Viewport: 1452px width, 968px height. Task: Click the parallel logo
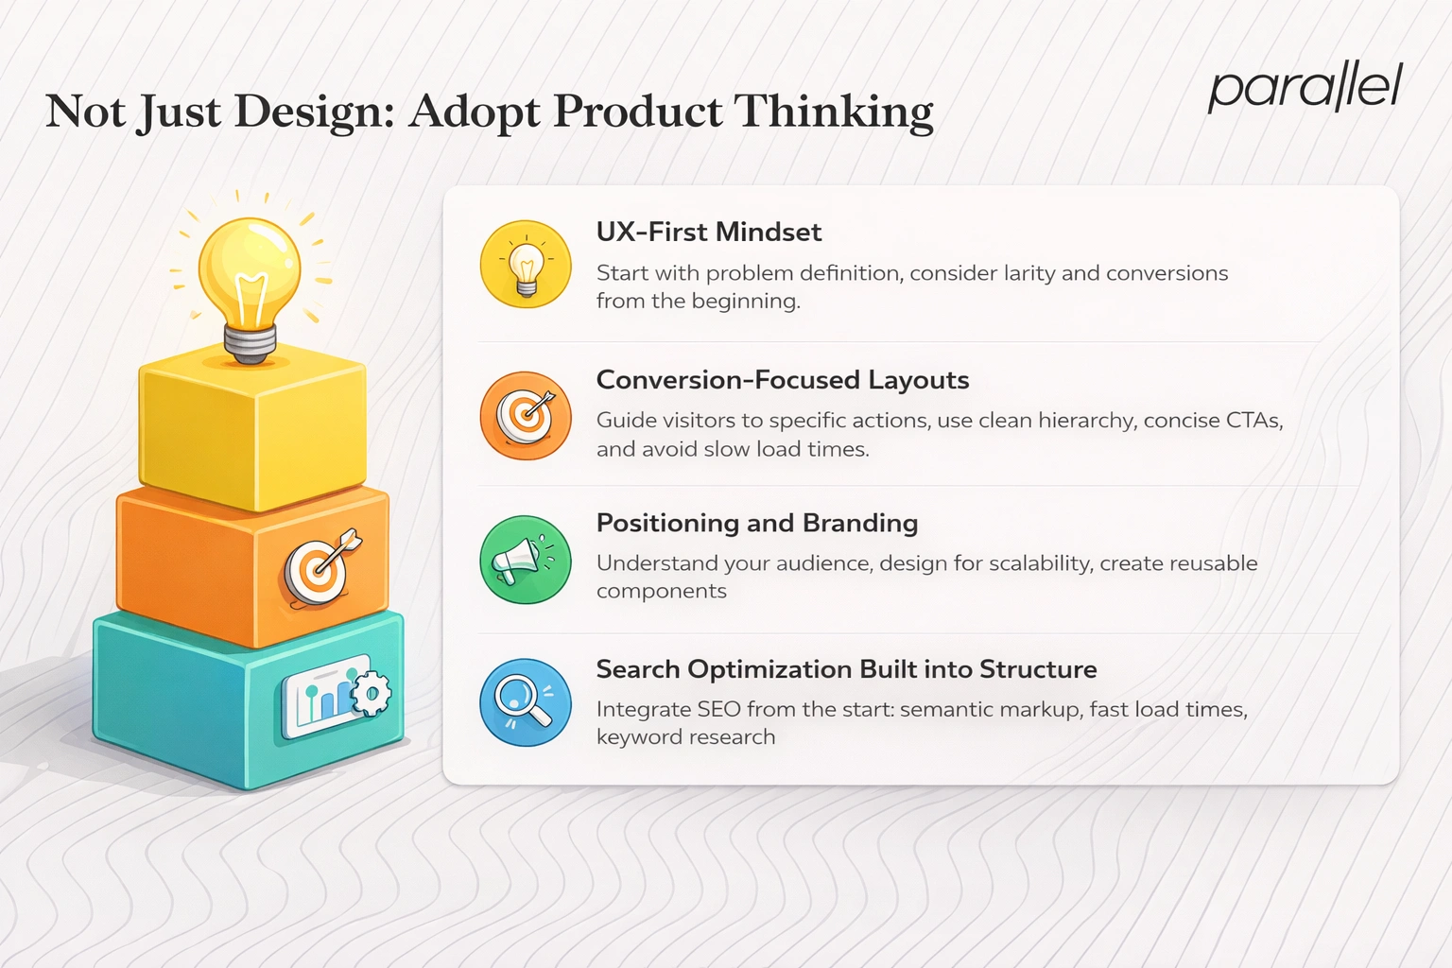pyautogui.click(x=1305, y=88)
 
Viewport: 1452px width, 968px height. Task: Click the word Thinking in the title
pyautogui.click(x=833, y=112)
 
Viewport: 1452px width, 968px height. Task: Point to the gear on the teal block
pyautogui.click(x=371, y=695)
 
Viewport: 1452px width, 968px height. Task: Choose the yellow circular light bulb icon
pyautogui.click(x=526, y=265)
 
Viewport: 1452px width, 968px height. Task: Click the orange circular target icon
pyautogui.click(x=526, y=415)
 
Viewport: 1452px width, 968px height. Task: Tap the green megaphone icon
pyautogui.click(x=526, y=560)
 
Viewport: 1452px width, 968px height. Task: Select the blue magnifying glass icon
pyautogui.click(x=526, y=702)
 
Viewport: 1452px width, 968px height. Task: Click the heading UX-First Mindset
pyautogui.click(x=708, y=232)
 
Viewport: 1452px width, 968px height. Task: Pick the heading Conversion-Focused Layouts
pyautogui.click(x=782, y=380)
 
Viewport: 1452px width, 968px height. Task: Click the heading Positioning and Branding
pyautogui.click(x=756, y=523)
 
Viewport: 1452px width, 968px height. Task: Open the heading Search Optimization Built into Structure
pyautogui.click(x=846, y=669)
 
